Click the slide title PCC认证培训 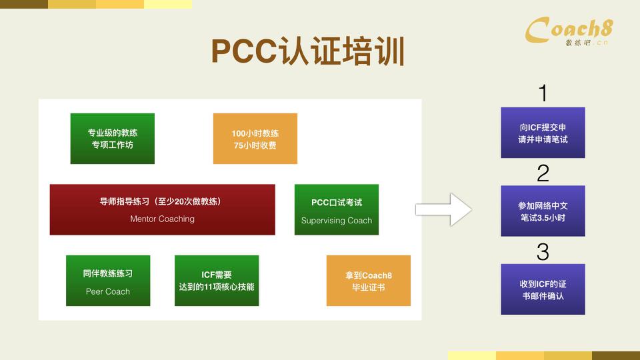(x=308, y=51)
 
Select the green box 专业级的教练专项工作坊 (x=113, y=139)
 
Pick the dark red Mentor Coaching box (x=162, y=209)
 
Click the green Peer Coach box (x=108, y=281)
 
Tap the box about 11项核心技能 (x=217, y=281)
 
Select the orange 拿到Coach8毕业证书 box (x=369, y=281)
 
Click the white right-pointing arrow (x=443, y=209)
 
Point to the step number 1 (x=543, y=93)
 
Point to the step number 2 (x=543, y=173)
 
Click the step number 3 (x=543, y=252)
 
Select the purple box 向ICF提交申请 (x=543, y=133)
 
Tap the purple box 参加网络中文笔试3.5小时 (x=543, y=211)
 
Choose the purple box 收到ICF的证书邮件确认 (x=543, y=289)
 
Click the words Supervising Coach (x=337, y=221)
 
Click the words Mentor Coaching (x=162, y=219)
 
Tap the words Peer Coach (x=108, y=291)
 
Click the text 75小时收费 (x=255, y=145)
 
